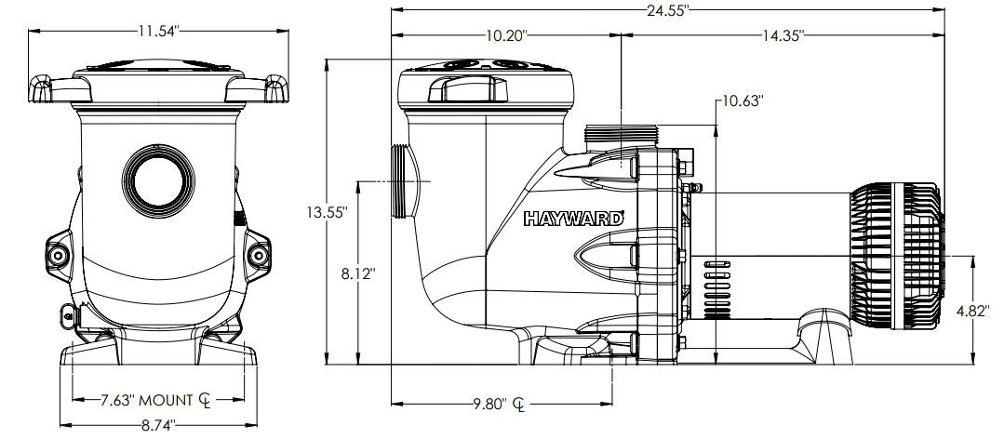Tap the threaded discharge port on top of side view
[x=621, y=136]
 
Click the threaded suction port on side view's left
[x=403, y=182]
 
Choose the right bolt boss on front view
[x=257, y=254]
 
